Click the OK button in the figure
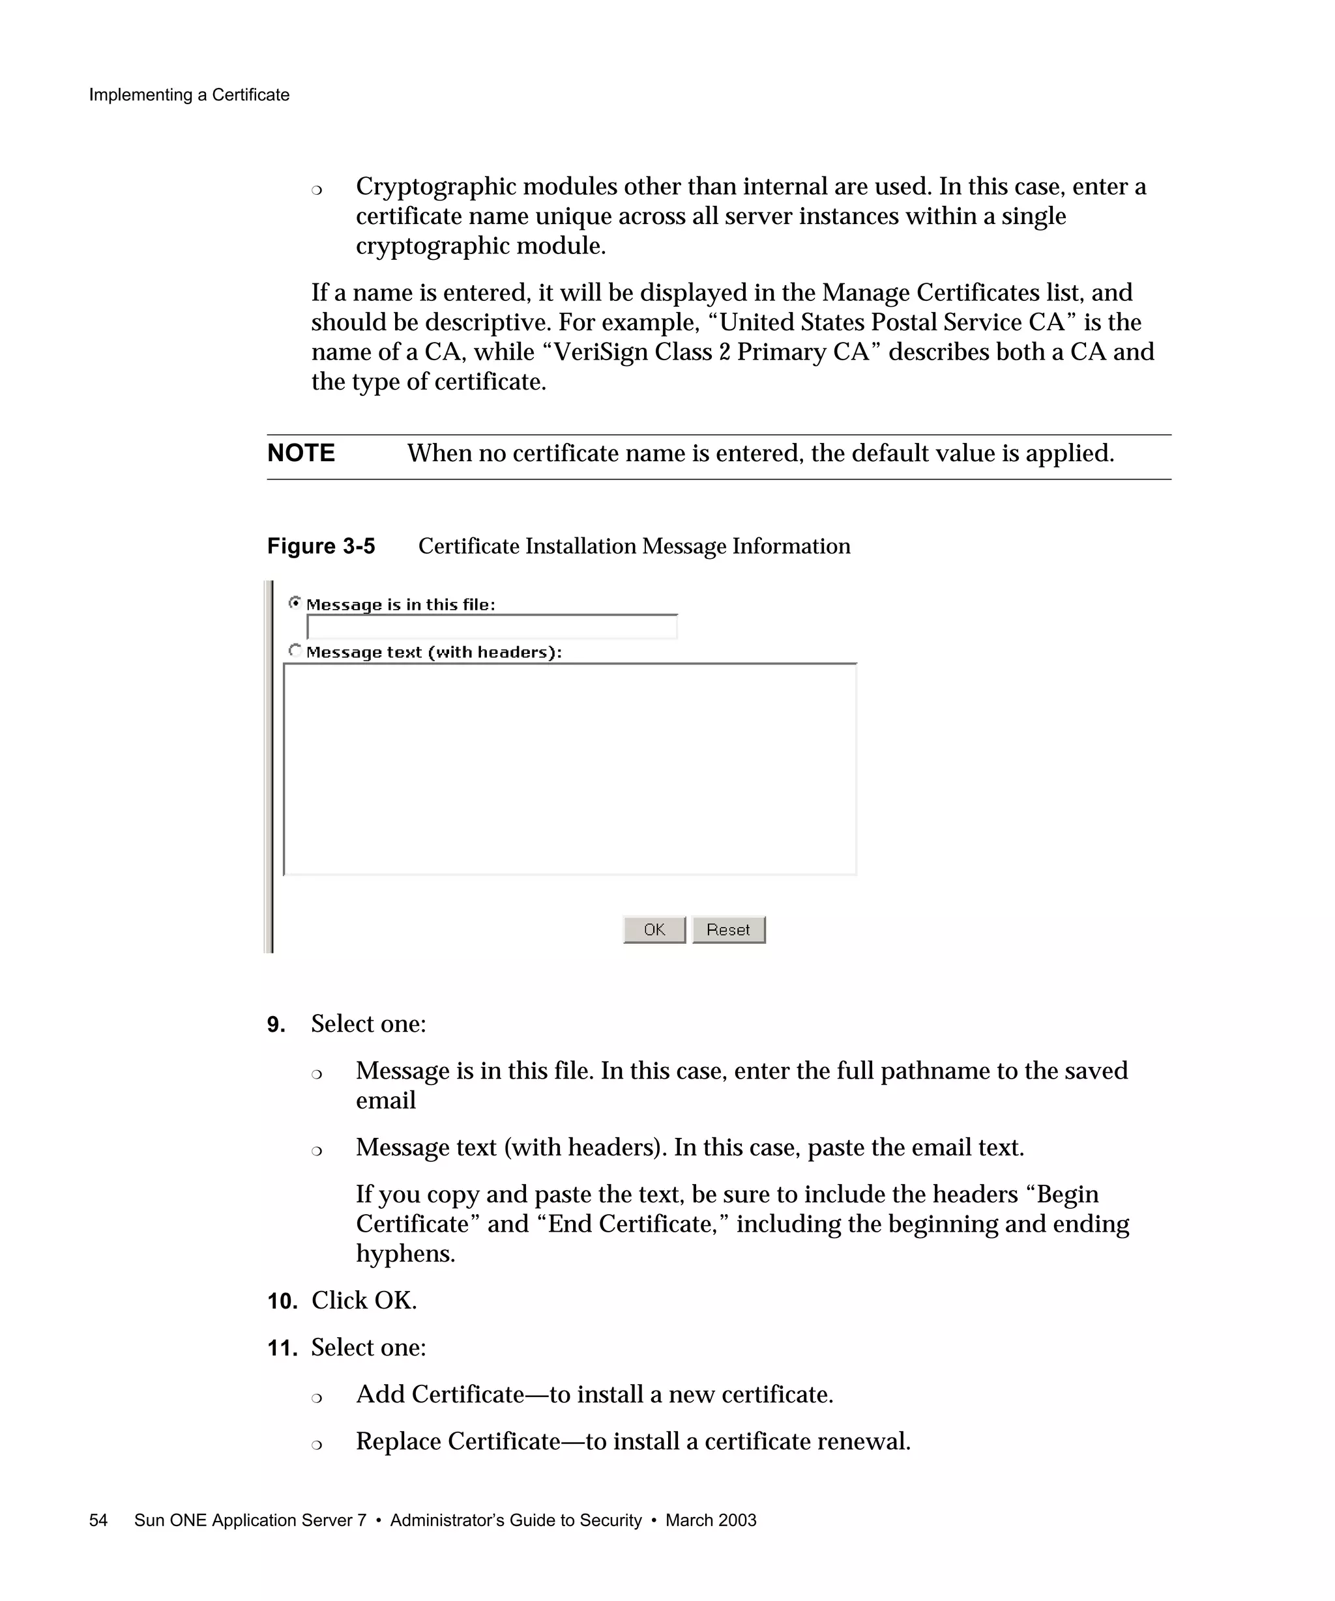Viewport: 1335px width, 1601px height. click(x=654, y=929)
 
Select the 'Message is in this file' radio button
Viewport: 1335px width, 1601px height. click(x=295, y=603)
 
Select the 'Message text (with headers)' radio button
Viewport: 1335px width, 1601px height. click(x=295, y=650)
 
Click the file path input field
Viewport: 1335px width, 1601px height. click(x=491, y=627)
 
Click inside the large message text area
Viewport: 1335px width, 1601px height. click(x=569, y=769)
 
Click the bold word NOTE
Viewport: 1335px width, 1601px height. click(x=301, y=453)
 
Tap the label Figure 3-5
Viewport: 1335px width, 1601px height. click(x=321, y=546)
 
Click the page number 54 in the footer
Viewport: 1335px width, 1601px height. click(x=98, y=1520)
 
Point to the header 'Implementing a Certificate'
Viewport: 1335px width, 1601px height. click(x=189, y=94)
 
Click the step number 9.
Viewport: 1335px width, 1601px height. click(x=275, y=1025)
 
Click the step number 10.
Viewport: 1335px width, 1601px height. click(x=282, y=1301)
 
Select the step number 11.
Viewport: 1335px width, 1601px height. click(x=282, y=1348)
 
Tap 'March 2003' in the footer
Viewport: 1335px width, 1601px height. click(x=711, y=1520)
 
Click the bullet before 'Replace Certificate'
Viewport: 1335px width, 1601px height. click(x=317, y=1444)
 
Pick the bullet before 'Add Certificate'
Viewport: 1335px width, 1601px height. click(x=317, y=1396)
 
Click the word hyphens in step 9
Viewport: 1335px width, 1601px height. click(x=404, y=1254)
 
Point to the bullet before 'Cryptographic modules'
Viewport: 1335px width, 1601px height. click(x=317, y=189)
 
